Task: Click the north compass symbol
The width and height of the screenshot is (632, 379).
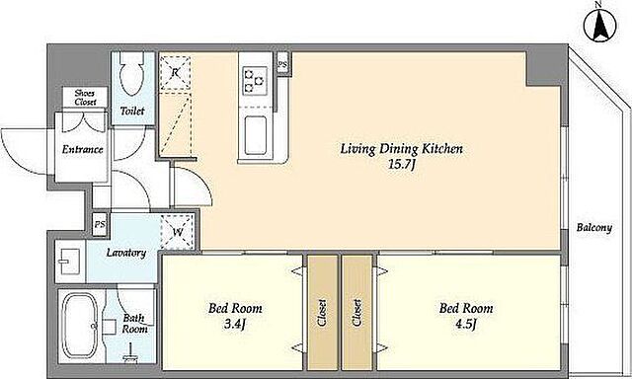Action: [599, 25]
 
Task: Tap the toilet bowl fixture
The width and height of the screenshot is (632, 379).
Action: [132, 74]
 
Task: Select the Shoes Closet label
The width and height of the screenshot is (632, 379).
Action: [85, 98]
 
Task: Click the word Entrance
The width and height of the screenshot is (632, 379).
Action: [82, 149]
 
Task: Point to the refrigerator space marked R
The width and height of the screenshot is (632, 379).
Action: [176, 73]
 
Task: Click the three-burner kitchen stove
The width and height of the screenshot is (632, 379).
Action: [255, 81]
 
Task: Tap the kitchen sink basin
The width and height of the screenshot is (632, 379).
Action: [256, 135]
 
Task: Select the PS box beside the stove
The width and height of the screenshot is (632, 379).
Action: [282, 63]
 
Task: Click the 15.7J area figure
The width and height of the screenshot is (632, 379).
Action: [402, 165]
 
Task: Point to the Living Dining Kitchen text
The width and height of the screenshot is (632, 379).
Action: [402, 149]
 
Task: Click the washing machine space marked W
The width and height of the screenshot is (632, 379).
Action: [178, 232]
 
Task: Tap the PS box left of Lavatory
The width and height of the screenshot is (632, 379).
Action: [100, 224]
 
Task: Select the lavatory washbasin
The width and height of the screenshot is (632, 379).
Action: [69, 261]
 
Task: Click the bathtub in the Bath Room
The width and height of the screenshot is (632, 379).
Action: [80, 326]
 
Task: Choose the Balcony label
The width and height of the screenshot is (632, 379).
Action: [594, 228]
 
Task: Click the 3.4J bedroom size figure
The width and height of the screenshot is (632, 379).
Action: [235, 324]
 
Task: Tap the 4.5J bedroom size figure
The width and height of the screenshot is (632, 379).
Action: [466, 324]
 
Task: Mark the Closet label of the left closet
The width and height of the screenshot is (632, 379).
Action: [323, 313]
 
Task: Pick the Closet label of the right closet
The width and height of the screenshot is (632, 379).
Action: [356, 313]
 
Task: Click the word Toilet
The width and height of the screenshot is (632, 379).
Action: [132, 111]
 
